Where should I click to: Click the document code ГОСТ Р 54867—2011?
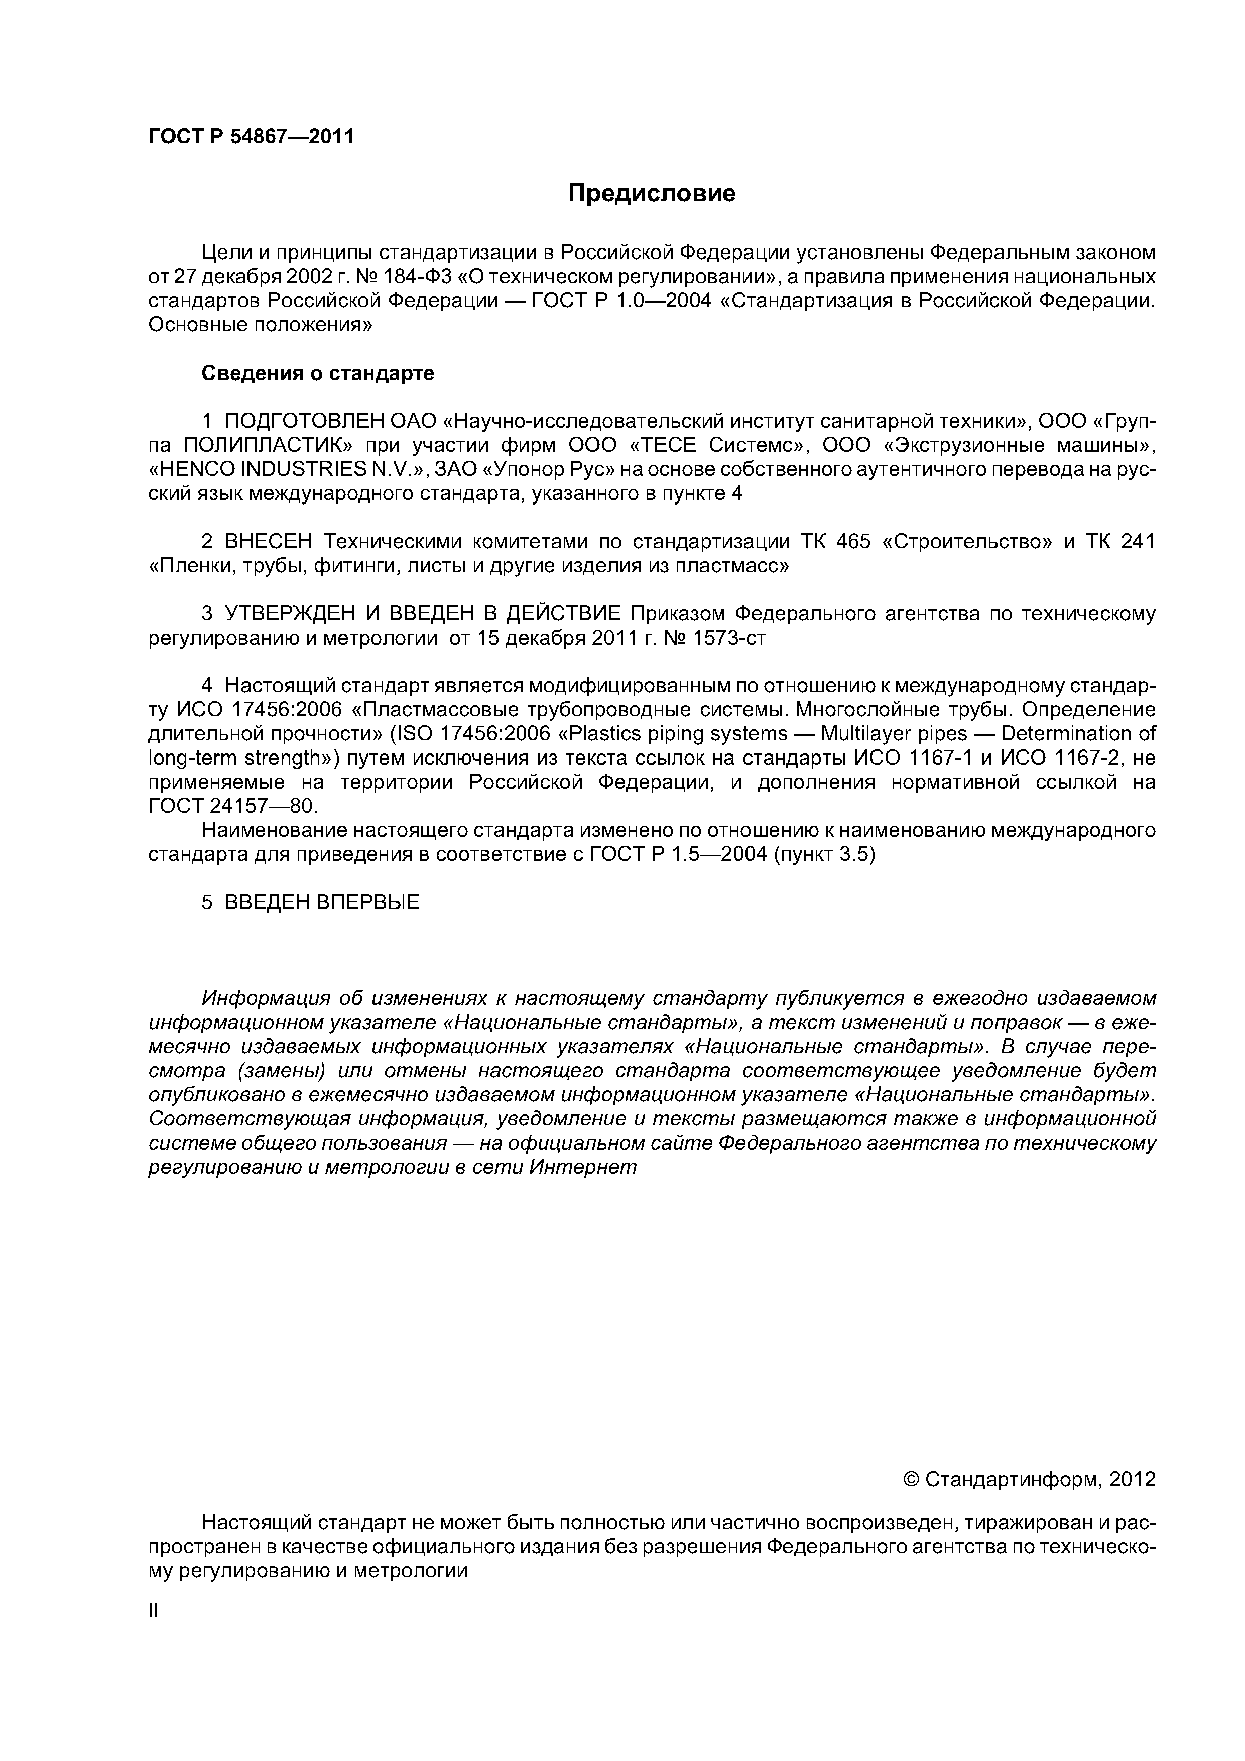[x=251, y=137]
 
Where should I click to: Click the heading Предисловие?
[x=651, y=193]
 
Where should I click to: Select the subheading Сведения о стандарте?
[x=318, y=373]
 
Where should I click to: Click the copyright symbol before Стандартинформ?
[x=911, y=1479]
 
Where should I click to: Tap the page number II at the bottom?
[x=153, y=1611]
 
